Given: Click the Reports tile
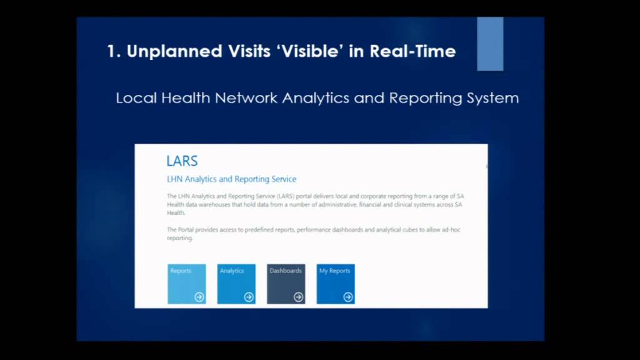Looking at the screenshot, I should pyautogui.click(x=186, y=284).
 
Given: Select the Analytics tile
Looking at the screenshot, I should pyautogui.click(x=236, y=284).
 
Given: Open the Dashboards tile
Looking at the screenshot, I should pyautogui.click(x=286, y=284).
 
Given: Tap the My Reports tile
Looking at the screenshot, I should pyautogui.click(x=336, y=284).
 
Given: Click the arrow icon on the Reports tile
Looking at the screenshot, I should pyautogui.click(x=199, y=297).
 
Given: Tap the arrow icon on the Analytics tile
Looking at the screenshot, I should pyautogui.click(x=249, y=297).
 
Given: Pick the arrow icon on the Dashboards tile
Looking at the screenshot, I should pyautogui.click(x=298, y=297).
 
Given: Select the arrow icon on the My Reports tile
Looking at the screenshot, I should pyautogui.click(x=348, y=297).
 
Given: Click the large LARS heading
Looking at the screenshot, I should pyautogui.click(x=182, y=161).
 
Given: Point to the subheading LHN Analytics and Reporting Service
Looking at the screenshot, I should pyautogui.click(x=231, y=179).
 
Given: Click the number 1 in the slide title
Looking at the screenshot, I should pyautogui.click(x=111, y=51).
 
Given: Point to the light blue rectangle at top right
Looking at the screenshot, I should pyautogui.click(x=490, y=44).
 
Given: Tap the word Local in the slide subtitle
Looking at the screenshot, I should pyautogui.click(x=136, y=98).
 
